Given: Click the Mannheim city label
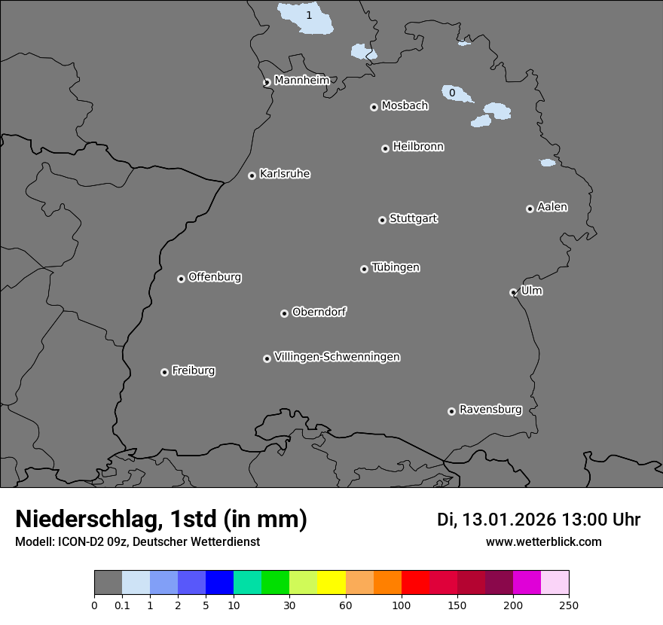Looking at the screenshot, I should point(301,81).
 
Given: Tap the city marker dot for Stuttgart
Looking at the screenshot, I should point(382,220).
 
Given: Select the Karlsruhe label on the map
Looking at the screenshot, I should point(285,174).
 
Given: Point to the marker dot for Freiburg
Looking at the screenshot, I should point(164,372).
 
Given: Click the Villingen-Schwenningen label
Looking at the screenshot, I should point(337,357).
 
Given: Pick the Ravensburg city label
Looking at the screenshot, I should point(490,410).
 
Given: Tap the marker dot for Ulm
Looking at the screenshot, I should point(513,292).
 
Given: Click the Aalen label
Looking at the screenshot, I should point(552,207).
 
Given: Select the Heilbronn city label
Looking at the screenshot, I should point(418,147).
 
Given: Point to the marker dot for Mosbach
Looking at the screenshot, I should point(374,107).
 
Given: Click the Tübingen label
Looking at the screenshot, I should point(396,267).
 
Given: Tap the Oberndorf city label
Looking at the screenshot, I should point(319,312).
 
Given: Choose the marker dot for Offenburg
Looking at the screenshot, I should point(181,279).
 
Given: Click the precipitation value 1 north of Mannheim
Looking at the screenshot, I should point(308,15).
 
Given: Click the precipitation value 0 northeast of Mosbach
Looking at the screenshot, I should point(452,93).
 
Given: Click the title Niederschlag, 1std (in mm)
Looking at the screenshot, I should point(161,519).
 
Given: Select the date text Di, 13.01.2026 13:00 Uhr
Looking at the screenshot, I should point(539,520).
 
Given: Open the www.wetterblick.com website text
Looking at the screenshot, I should point(543,541).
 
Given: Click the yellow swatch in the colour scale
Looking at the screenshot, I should point(331,583).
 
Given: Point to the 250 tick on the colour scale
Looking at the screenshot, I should point(569,604).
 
